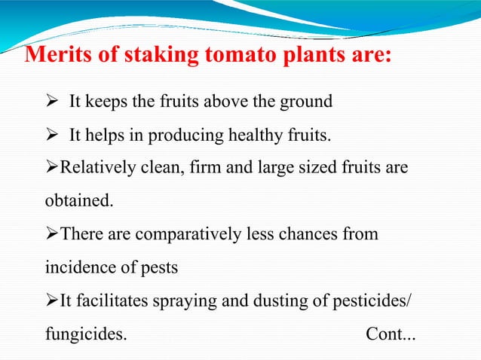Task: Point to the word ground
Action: [307, 102]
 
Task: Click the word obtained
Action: [78, 201]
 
